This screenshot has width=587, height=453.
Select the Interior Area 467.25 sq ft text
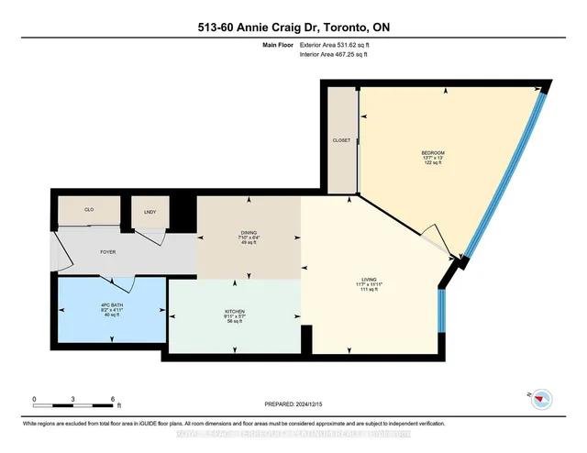click(x=338, y=55)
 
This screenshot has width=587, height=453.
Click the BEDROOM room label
click(x=433, y=151)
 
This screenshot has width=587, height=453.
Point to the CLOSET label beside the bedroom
click(x=342, y=139)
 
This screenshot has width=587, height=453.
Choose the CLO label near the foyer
click(x=89, y=210)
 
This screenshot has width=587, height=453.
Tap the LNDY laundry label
click(x=150, y=213)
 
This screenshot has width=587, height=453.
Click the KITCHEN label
click(x=235, y=312)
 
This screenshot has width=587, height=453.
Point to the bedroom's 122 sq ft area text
click(x=433, y=164)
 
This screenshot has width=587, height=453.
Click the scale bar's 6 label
click(x=112, y=400)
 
